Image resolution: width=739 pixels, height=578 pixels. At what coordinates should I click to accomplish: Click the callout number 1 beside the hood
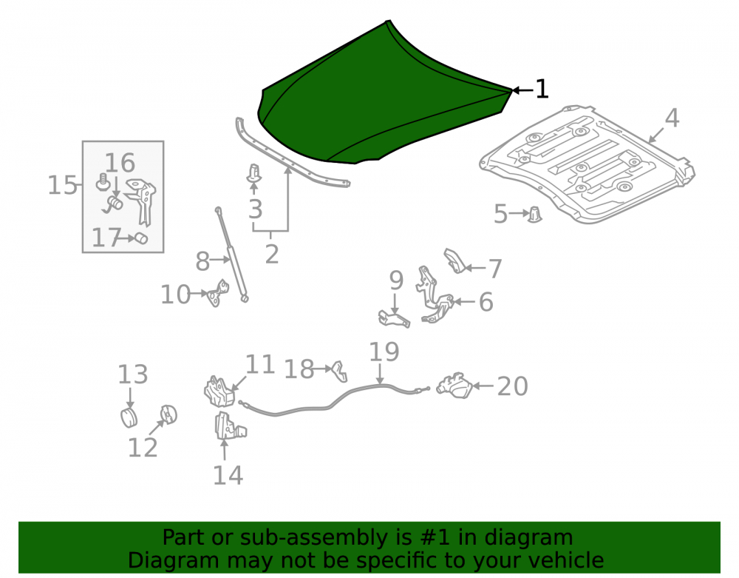click(x=542, y=89)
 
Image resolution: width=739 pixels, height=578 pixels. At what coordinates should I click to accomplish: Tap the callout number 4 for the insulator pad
click(x=672, y=118)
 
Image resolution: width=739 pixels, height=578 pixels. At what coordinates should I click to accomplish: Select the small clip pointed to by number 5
click(x=534, y=214)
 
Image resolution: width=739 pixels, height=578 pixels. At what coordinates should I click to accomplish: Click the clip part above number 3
click(x=254, y=172)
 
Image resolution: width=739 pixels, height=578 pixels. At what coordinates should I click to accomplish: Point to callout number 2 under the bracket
click(x=272, y=255)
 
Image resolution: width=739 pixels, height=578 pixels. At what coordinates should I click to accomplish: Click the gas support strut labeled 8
click(x=232, y=255)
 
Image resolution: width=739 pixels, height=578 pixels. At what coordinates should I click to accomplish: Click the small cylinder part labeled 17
click(x=141, y=238)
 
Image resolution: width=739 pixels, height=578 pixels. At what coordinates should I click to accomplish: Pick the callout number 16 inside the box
click(x=120, y=163)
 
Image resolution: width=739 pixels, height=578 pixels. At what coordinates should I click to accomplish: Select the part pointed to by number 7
click(x=454, y=261)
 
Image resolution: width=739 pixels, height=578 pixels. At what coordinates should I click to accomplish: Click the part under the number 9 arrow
click(x=394, y=318)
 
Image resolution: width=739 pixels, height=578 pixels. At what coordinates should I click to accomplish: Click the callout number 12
click(x=143, y=447)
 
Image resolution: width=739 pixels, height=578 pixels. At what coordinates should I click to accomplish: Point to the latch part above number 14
click(x=230, y=426)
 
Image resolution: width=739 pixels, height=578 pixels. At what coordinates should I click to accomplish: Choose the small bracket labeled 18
click(x=340, y=371)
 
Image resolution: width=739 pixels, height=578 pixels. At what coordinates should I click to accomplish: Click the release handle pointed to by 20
click(x=454, y=386)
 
